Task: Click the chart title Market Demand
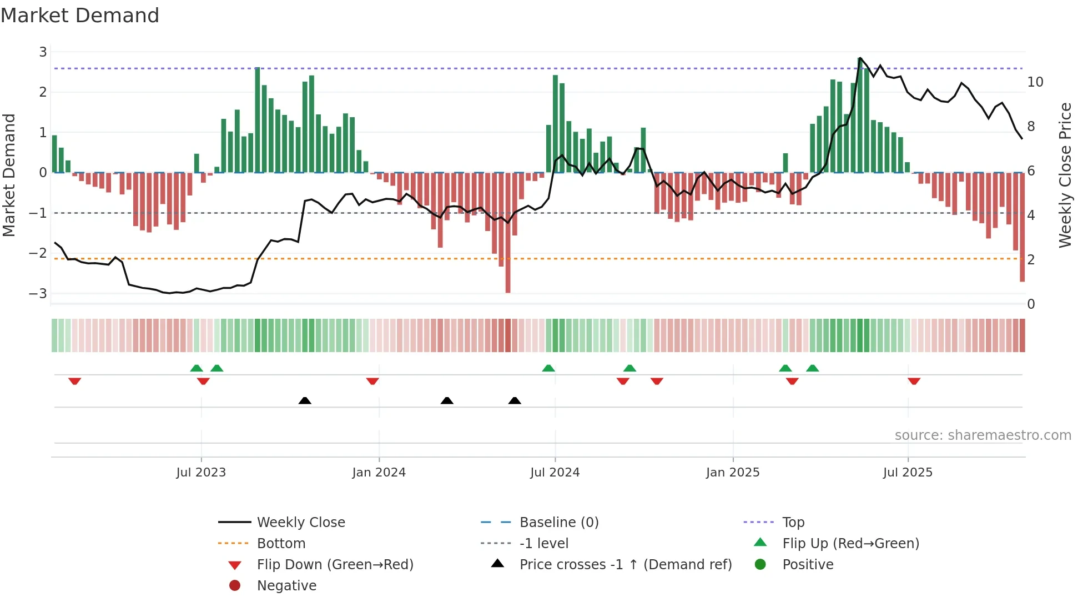click(x=80, y=16)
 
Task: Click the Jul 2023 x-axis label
click(x=201, y=473)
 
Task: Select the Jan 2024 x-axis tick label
click(x=379, y=473)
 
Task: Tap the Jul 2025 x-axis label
click(x=908, y=473)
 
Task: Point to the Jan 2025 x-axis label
click(x=733, y=473)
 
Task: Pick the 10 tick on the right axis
click(x=1035, y=82)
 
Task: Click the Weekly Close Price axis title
click(x=1065, y=175)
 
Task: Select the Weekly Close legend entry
click(x=300, y=523)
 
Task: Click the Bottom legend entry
click(x=281, y=544)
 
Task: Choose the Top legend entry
click(x=793, y=523)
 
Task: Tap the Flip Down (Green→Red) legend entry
click(x=335, y=565)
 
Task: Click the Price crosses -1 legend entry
click(x=626, y=565)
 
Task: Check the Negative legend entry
click(x=286, y=586)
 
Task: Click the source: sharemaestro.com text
click(x=983, y=435)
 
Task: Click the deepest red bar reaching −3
click(x=508, y=233)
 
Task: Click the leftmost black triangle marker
click(x=305, y=400)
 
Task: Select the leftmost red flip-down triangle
click(x=75, y=381)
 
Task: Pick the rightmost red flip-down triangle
click(x=914, y=381)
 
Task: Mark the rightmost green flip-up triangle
click(x=813, y=368)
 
